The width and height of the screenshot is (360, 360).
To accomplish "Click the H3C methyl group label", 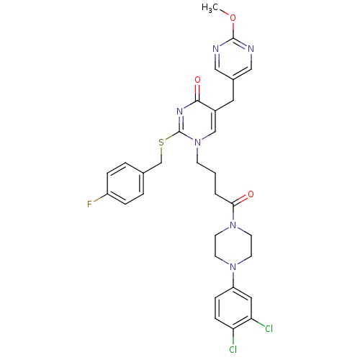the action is coord(210,8).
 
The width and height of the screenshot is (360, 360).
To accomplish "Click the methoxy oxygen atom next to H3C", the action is coord(233,18).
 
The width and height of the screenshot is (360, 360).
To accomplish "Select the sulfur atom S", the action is coord(161,143).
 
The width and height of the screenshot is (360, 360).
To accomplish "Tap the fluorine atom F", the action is coord(89,204).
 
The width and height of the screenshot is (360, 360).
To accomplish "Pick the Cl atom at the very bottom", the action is coord(233,349).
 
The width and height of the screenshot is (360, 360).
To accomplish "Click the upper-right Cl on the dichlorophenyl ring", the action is coord(269,328).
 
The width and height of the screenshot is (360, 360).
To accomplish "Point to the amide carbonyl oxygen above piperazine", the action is coord(251,194).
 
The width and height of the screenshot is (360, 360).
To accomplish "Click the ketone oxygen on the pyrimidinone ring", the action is coord(197,80).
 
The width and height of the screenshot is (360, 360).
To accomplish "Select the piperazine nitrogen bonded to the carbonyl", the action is coord(233,225).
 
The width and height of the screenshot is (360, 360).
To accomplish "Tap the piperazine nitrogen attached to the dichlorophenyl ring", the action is coord(233,266).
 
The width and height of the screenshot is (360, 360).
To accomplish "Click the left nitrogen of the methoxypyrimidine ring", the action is coord(215,49).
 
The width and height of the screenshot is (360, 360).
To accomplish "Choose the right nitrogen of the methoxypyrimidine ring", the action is coord(251,49).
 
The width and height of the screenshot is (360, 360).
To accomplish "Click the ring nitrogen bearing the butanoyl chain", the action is coord(197,143).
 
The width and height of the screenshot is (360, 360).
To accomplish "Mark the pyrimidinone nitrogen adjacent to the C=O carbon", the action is coord(179,112).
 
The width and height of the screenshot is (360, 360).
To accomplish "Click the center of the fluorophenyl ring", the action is coord(125,184).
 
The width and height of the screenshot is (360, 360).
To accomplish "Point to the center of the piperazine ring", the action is coord(233,246).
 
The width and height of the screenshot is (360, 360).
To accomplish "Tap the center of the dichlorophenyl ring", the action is coord(233,308).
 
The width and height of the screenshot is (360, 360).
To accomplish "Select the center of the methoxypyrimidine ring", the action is coord(233,59).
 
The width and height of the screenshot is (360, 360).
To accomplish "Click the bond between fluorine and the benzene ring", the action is coord(100,198).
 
